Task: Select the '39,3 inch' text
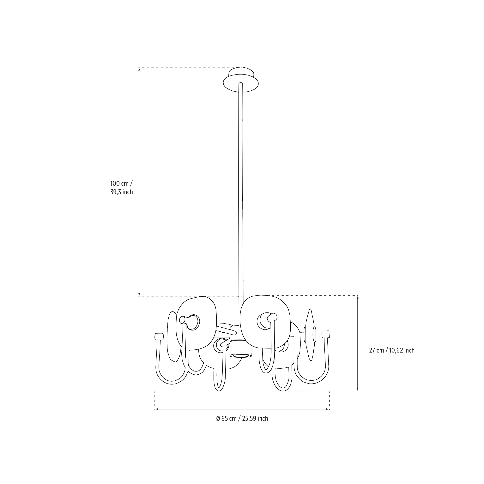[x=122, y=192]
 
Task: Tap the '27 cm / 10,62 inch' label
[x=392, y=350]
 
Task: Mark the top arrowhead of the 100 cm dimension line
[x=139, y=69]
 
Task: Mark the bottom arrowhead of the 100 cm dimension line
[x=139, y=295]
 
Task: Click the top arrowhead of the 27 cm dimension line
[x=358, y=297]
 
